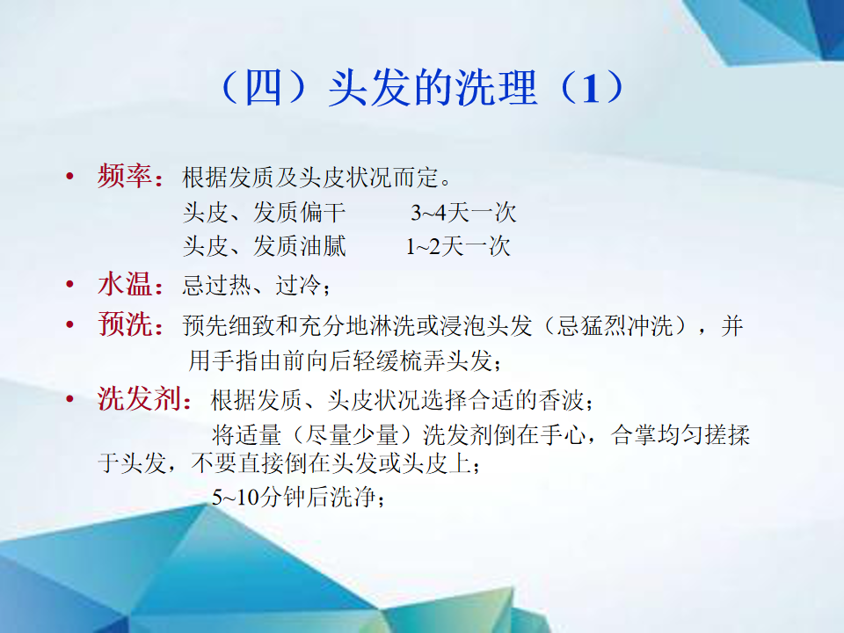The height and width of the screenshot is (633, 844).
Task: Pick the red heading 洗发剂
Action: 139,399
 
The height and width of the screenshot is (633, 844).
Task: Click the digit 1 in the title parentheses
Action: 591,88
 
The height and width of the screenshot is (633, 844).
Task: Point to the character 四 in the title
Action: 263,88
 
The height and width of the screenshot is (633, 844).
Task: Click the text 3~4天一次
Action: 463,213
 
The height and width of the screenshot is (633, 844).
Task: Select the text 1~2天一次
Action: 458,246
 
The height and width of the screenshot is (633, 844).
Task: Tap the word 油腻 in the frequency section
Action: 323,246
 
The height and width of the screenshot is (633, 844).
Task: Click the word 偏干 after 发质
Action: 323,212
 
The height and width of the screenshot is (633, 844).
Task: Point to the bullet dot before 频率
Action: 69,176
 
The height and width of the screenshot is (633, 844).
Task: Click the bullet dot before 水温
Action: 69,284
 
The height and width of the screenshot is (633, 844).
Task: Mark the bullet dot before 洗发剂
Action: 69,399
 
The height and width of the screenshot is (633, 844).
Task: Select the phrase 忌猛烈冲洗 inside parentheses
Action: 615,325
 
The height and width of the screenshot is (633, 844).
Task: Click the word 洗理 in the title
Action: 496,88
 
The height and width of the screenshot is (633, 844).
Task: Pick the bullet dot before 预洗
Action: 69,324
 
